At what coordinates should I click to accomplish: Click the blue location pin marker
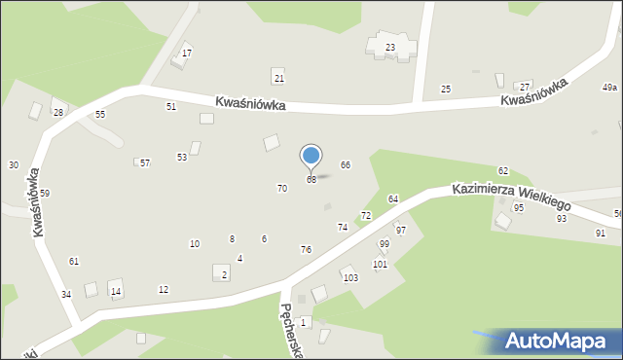[x=311, y=156]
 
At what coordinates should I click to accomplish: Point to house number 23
[x=390, y=47]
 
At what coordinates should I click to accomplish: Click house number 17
[x=187, y=53]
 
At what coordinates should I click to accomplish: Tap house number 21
[x=278, y=78]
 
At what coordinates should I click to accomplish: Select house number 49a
[x=609, y=88]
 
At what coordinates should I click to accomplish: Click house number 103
[x=350, y=277]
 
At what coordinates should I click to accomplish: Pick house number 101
[x=380, y=264]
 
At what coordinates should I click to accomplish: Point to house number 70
[x=282, y=188]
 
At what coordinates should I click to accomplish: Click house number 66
[x=345, y=165]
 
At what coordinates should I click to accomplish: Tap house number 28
[x=58, y=113]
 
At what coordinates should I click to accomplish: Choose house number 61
[x=74, y=261]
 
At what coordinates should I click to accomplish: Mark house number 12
[x=164, y=289]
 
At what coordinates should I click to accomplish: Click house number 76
[x=306, y=250]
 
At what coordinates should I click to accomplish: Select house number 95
[x=519, y=208]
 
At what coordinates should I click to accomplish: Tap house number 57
[x=145, y=162]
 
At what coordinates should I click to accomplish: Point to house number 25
[x=446, y=90]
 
